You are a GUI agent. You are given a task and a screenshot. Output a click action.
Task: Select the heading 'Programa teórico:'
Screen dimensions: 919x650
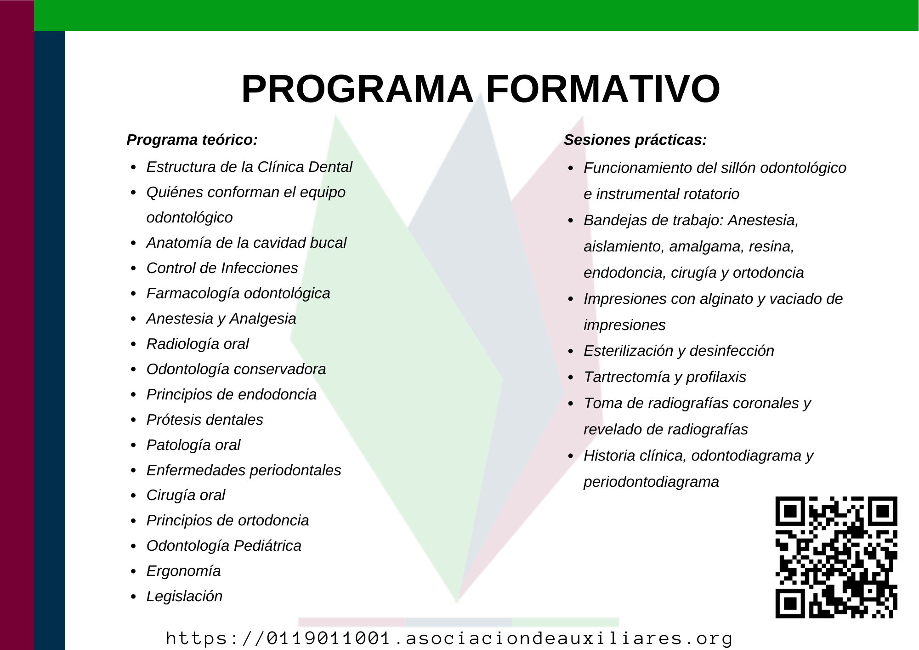(x=192, y=140)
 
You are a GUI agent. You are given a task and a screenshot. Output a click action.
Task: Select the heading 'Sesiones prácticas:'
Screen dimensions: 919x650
(x=635, y=140)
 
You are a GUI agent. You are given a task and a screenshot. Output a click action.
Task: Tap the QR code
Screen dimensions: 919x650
(x=836, y=557)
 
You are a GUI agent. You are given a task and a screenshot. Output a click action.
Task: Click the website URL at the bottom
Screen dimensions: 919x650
(x=449, y=638)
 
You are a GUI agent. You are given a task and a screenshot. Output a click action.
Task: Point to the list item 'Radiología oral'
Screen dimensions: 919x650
(x=198, y=344)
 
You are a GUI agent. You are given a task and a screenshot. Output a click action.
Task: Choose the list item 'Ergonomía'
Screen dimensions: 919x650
(x=183, y=571)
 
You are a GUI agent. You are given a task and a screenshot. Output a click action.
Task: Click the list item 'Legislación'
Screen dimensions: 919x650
(x=184, y=596)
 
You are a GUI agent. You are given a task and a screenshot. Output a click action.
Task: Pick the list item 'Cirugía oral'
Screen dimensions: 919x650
(x=186, y=495)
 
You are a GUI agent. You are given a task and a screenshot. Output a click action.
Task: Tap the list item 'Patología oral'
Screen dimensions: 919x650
(x=193, y=445)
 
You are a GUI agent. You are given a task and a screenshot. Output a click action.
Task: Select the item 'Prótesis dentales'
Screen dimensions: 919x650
(x=204, y=420)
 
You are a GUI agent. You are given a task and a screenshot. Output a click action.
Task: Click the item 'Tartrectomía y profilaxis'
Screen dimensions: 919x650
(x=664, y=377)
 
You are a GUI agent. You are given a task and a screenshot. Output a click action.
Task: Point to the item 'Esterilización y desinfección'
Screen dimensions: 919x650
(x=679, y=351)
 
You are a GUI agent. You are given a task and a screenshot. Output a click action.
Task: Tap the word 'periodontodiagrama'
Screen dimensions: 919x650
(x=651, y=482)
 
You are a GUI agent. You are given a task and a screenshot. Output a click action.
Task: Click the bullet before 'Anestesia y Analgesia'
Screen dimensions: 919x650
(x=133, y=319)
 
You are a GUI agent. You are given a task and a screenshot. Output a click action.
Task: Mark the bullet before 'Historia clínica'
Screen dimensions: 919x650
(x=571, y=456)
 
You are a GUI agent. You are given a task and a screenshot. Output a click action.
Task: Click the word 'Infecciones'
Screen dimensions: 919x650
(x=260, y=268)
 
